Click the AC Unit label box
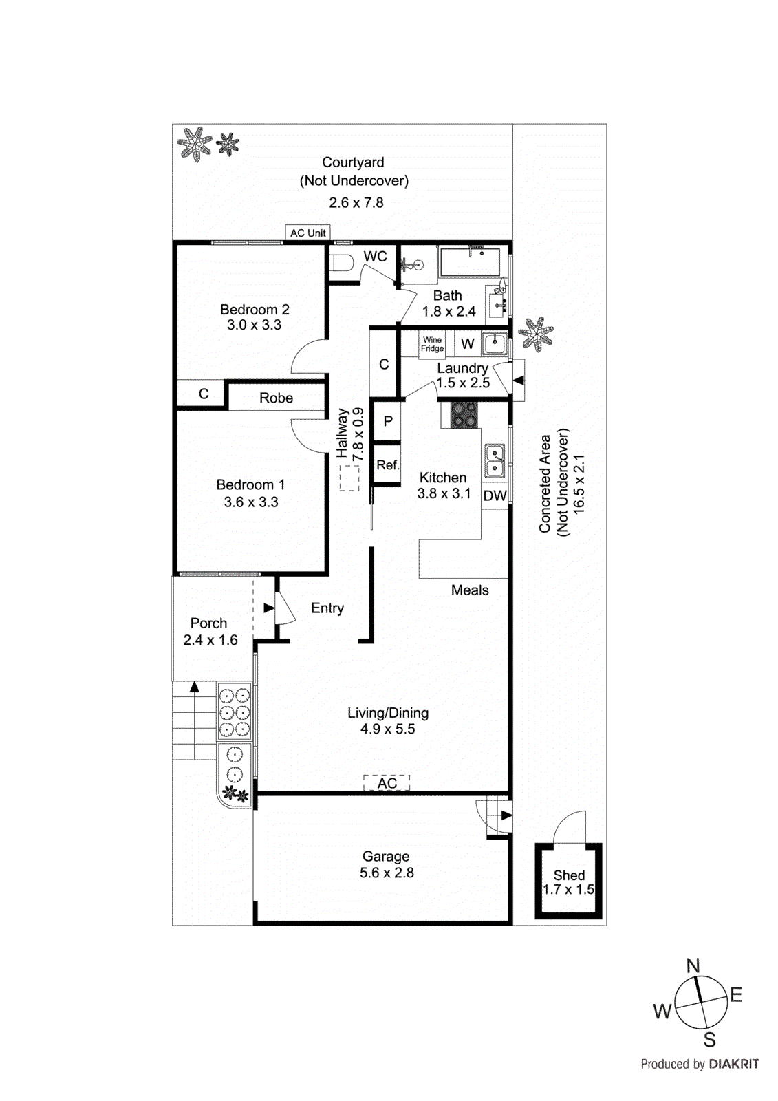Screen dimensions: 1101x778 pos(307,233)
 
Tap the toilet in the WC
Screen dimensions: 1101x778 pos(341,262)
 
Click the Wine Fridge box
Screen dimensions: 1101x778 pos(432,344)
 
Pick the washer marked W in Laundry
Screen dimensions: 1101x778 pos(468,344)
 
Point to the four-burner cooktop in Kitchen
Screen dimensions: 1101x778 pos(464,415)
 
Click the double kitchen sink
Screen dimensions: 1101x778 pos(495,461)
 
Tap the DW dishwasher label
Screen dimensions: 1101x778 pos(495,495)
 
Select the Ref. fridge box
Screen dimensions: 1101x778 pos(387,465)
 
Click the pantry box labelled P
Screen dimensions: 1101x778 pos(388,420)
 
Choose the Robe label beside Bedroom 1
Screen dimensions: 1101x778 pos(276,398)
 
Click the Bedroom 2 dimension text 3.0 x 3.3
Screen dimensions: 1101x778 pos(254,325)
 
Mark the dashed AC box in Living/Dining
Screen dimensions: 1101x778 pos(387,782)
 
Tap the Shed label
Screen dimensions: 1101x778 pos(569,875)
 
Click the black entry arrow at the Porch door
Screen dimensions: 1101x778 pos(269,608)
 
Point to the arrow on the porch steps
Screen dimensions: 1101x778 pos(195,688)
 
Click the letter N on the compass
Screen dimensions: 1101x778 pos(693,965)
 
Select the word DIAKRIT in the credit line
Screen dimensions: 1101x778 pos(733,1064)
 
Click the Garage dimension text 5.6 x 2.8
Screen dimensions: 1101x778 pos(387,873)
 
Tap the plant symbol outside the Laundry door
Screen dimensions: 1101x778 pos(535,334)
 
